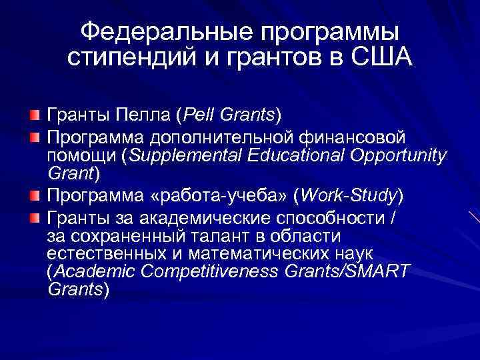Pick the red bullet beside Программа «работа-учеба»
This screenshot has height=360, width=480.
click(34, 196)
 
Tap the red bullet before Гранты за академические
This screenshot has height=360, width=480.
click(34, 217)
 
